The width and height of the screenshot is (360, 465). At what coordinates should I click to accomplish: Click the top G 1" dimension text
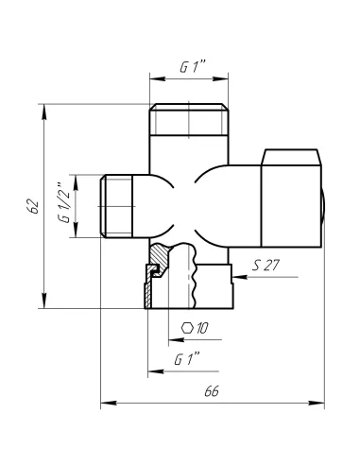click(x=192, y=68)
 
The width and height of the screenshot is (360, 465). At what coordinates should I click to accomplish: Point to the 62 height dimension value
click(x=31, y=205)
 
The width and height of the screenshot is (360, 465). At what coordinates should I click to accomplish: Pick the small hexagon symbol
click(x=188, y=328)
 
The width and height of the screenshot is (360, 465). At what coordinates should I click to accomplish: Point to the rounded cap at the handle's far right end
click(x=325, y=204)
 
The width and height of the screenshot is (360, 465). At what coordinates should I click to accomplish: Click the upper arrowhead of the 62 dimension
click(x=43, y=108)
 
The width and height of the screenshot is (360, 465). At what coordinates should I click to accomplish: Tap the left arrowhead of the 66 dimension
click(x=105, y=405)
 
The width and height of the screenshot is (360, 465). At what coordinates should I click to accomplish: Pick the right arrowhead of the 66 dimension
click(x=322, y=405)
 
